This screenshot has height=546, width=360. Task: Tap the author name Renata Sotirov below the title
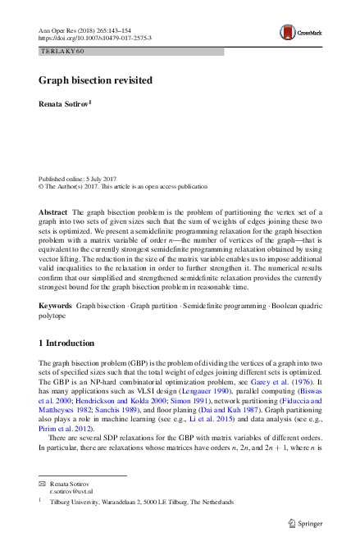[65, 105]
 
